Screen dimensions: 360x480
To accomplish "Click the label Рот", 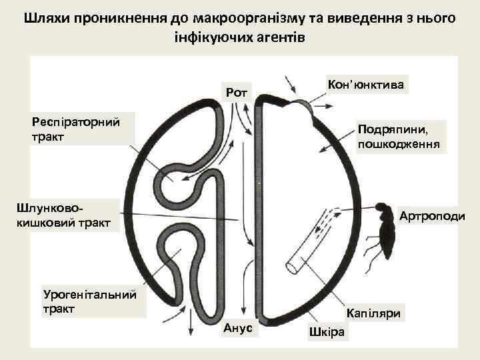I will (236, 92).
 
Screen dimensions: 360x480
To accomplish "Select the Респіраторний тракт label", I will (75, 129).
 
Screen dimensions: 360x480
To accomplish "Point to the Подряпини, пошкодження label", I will (398, 136).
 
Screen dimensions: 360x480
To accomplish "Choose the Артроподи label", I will (431, 216).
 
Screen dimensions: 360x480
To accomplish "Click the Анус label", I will (237, 328).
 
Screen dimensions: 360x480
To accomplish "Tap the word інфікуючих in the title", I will (211, 37).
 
